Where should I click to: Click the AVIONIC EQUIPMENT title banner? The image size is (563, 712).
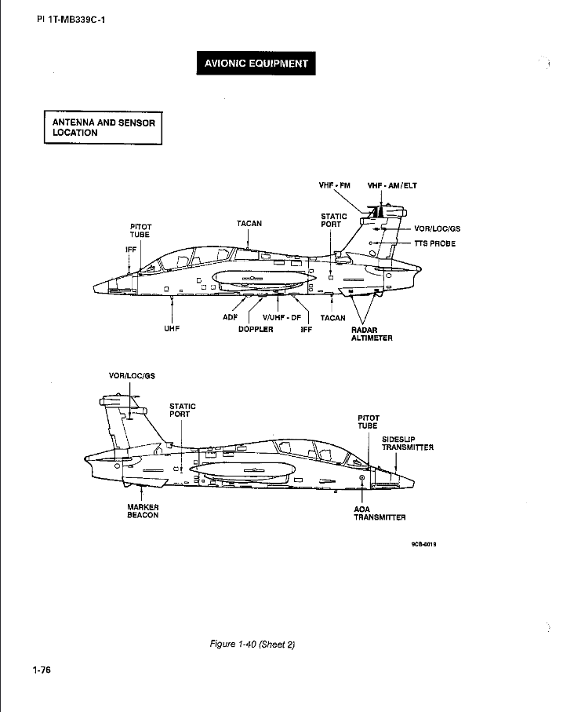pos(256,63)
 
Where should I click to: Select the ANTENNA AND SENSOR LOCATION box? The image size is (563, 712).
pos(103,128)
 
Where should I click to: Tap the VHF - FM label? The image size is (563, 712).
pos(334,185)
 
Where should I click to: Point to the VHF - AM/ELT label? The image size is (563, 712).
pos(392,185)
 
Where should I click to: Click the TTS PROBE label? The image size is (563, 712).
pos(434,243)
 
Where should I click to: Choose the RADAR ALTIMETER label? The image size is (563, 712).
pos(372,334)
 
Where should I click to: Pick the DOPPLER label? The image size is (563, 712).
pos(256,329)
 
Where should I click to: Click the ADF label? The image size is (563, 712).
pos(230,317)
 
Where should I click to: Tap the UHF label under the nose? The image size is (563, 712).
pos(172,328)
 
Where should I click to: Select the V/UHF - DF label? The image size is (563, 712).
pos(281,317)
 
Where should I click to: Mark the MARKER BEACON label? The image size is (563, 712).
pos(143,511)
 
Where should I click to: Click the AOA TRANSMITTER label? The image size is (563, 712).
pos(380,513)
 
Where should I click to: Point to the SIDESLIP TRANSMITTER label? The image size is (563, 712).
pos(408,444)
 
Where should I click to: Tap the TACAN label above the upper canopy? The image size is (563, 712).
pos(249,224)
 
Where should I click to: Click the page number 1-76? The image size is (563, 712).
pos(42,670)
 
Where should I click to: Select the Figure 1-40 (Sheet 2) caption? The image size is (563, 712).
pos(252,644)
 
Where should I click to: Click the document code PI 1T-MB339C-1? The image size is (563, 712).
pos(71,20)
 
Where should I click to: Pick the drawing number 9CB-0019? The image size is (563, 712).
pos(423,544)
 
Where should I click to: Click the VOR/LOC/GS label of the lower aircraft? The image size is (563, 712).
pos(132,376)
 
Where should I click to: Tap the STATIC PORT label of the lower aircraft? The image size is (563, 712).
pos(183,410)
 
